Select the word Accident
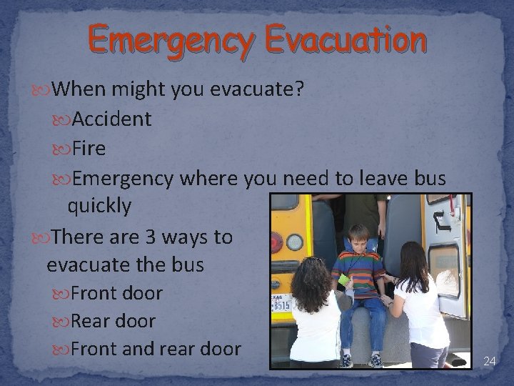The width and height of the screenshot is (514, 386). (x=111, y=119)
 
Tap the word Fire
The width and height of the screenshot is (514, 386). (x=89, y=149)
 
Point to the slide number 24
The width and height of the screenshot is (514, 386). (x=489, y=361)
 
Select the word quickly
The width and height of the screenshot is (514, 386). (x=99, y=207)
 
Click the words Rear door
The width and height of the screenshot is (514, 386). (x=114, y=321)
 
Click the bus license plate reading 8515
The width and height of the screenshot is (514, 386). (x=281, y=305)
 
